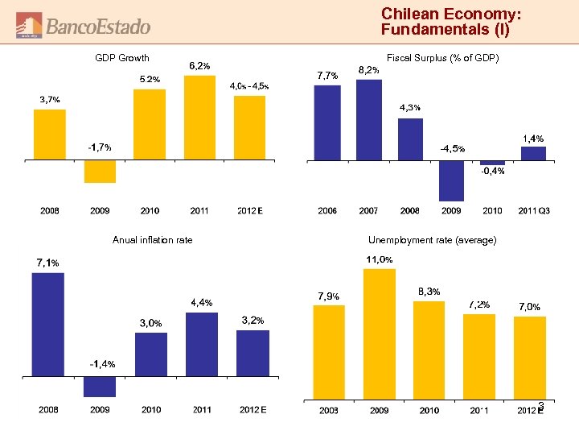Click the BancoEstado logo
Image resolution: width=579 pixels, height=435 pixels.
click(x=84, y=26)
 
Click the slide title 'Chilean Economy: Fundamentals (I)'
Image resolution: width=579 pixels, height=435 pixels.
click(x=451, y=23)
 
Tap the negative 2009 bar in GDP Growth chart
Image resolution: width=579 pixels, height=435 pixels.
click(x=100, y=172)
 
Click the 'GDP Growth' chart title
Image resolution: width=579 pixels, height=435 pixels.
click(x=122, y=58)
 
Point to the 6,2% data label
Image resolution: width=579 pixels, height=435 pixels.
click(x=200, y=65)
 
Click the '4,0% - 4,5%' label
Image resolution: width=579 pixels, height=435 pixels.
click(x=249, y=86)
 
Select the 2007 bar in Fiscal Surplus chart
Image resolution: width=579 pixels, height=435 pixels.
click(x=368, y=119)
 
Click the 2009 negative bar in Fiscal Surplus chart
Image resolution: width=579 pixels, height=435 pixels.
click(x=451, y=180)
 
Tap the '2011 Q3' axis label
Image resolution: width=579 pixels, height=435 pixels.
click(x=533, y=211)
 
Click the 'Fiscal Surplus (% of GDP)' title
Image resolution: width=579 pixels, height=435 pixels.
click(x=443, y=58)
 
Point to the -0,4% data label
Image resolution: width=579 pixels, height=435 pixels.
click(x=492, y=171)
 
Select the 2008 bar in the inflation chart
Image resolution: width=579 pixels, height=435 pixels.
click(x=48, y=324)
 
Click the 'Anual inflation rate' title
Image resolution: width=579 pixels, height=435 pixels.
click(x=153, y=239)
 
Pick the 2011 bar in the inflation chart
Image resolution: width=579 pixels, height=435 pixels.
click(x=201, y=344)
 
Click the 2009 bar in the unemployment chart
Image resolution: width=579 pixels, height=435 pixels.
click(x=379, y=333)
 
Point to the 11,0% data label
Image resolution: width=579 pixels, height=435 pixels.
click(x=380, y=259)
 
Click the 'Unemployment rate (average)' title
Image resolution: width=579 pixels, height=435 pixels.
click(x=432, y=239)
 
